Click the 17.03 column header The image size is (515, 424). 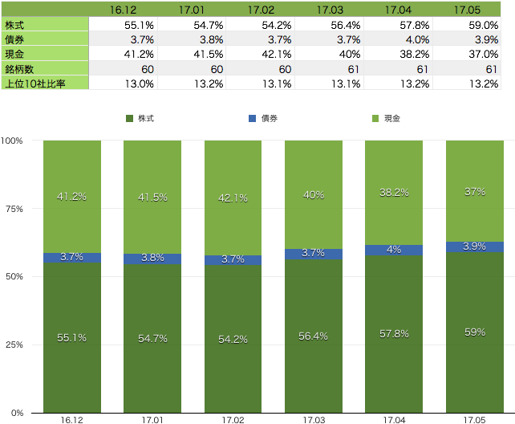329,10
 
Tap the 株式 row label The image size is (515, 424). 44,24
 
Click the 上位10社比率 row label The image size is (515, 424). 44,82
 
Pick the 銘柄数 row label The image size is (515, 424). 44,68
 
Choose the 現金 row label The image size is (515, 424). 44,53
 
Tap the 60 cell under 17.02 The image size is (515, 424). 261,68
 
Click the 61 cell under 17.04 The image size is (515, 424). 398,68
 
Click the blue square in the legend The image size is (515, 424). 252,118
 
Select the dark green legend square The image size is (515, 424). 130,118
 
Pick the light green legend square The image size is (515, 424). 375,118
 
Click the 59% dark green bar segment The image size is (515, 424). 475,332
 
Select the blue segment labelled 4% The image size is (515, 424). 394,250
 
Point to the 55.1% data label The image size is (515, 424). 72,338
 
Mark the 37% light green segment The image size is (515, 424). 475,191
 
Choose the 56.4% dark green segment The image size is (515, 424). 314,336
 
